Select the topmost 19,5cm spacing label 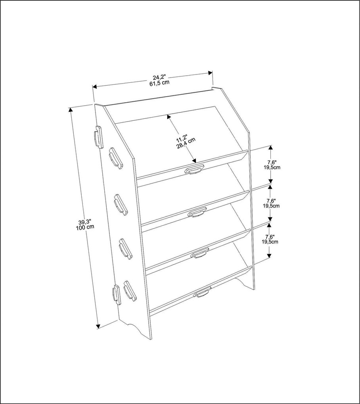[272, 168]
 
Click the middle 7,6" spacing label [272, 200]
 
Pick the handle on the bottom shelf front [202, 293]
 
